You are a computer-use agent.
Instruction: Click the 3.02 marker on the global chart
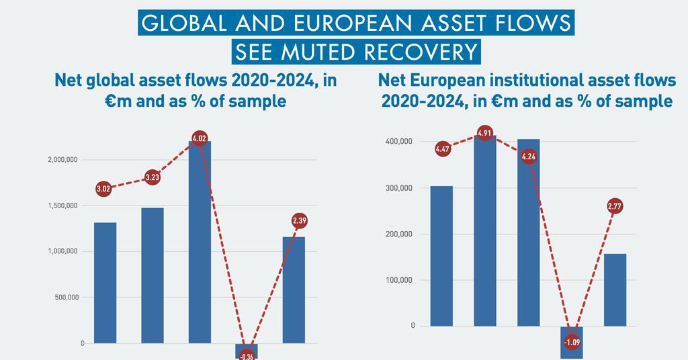point(103,189)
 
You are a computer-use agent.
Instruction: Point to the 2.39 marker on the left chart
point(300,220)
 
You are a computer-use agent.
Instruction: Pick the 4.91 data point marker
point(485,132)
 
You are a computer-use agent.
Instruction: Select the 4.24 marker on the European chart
point(528,156)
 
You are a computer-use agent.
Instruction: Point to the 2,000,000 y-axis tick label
point(66,160)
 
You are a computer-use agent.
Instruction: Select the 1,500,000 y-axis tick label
point(66,206)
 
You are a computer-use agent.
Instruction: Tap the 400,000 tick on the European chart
point(399,142)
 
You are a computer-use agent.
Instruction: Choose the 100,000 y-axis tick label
point(399,280)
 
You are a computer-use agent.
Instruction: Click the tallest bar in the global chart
point(200,242)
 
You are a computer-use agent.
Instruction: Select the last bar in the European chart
point(615,289)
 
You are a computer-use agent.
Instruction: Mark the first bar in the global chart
point(105,282)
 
